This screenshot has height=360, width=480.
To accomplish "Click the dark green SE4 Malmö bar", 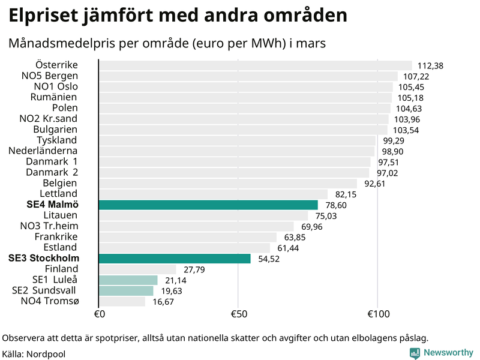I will point(208,205).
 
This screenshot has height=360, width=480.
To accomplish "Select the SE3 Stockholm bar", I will point(174,259).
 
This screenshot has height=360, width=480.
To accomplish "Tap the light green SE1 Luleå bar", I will point(127,280).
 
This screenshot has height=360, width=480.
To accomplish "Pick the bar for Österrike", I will point(255,65).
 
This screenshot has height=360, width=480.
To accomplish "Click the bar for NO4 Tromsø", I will point(121,301).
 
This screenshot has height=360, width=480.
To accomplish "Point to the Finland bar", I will point(137,269).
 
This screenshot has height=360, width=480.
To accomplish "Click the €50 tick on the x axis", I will point(238,314).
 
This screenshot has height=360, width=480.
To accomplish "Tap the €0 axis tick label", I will point(100,314).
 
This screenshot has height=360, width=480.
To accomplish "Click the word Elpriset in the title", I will point(45,15).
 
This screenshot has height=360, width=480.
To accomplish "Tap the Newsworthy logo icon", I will point(415,353).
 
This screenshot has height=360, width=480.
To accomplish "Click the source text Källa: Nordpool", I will point(34,354).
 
